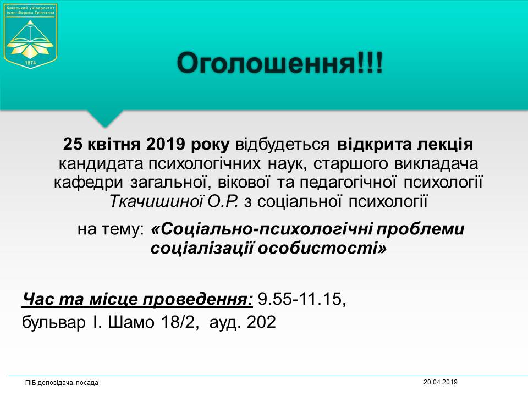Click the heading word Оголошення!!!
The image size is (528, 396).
(280, 63)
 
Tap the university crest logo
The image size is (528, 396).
(30, 36)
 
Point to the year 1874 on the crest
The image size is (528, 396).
(30, 63)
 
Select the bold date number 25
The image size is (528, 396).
(73, 144)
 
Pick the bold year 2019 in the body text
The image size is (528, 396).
(166, 144)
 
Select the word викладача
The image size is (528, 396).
(436, 164)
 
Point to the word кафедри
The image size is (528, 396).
(89, 183)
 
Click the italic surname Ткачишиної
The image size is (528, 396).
(156, 201)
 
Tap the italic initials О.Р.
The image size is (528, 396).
(223, 201)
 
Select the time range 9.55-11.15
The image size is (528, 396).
(302, 299)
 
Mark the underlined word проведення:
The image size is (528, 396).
(197, 300)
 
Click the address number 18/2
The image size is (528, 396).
(180, 322)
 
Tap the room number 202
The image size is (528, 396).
(261, 322)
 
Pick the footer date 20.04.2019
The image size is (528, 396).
(440, 382)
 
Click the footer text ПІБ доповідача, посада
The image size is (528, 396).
(62, 383)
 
